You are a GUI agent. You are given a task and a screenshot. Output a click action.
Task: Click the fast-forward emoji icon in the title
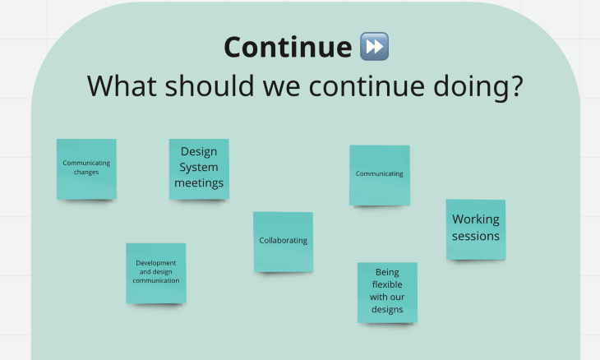[374, 47]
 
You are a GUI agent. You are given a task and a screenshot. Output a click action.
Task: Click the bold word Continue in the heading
[287, 48]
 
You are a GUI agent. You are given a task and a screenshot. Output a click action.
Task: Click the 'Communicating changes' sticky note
[86, 168]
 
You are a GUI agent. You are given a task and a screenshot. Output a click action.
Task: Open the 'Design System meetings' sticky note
[199, 168]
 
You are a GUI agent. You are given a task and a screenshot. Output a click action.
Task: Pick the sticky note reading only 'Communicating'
[379, 174]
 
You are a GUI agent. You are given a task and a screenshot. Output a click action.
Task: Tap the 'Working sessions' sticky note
[476, 228]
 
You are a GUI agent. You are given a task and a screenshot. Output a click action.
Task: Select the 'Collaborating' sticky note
[283, 242]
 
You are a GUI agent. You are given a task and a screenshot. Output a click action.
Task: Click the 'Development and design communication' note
[155, 273]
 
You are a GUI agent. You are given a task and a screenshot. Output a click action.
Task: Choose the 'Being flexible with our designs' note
[387, 292]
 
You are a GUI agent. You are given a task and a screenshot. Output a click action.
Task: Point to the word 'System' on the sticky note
[199, 168]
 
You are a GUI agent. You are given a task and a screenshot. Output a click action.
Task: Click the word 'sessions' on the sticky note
[476, 237]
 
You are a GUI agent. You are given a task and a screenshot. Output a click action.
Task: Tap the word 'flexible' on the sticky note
[387, 284]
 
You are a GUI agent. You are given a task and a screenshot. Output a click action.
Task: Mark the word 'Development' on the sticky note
[156, 263]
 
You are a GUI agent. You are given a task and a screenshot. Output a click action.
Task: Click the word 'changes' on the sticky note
[86, 172]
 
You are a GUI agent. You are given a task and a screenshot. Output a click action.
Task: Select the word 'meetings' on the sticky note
[199, 183]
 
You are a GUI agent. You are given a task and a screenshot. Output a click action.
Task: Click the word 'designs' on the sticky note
[387, 310]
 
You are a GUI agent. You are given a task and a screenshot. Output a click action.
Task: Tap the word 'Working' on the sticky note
[476, 219]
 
